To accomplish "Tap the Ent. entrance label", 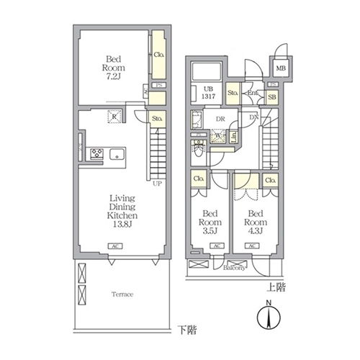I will point(253,93).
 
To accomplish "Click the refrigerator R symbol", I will point(113,117).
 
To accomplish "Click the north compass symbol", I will point(267,317).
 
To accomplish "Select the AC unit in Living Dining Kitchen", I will point(113,246).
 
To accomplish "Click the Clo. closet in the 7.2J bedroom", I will point(158,55).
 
